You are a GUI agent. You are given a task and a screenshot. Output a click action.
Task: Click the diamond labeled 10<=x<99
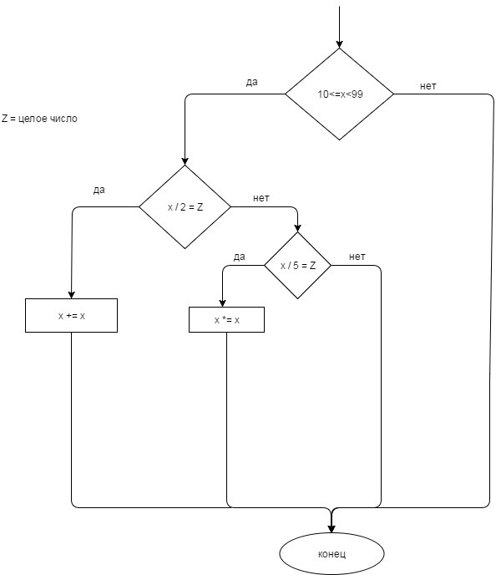point(339,94)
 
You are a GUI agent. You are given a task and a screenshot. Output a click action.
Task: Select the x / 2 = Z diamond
point(185,206)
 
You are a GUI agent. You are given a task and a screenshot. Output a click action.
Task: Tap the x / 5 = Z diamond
point(297,266)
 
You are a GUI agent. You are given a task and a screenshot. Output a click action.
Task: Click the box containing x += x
point(72,316)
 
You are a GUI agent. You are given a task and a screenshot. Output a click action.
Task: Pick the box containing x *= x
point(227,319)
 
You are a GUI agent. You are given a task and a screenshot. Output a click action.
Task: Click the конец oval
point(331,554)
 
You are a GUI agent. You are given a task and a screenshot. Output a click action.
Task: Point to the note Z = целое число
point(39,119)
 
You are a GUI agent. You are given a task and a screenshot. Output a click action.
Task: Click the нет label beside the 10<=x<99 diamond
point(428,87)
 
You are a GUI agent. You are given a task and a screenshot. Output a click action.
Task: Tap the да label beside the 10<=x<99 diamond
point(251,83)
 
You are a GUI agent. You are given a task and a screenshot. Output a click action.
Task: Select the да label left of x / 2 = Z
point(99,191)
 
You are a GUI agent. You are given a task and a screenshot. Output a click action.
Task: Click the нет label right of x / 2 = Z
point(261,198)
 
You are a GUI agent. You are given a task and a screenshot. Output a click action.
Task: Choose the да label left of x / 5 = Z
point(239,257)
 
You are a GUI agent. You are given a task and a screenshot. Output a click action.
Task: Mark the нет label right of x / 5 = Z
point(357,257)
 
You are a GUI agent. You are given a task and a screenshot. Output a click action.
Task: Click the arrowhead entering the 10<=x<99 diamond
point(339,43)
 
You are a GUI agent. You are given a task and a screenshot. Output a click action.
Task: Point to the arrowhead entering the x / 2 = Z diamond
point(185,160)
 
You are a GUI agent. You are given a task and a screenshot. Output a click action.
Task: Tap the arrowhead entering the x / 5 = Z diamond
point(297,227)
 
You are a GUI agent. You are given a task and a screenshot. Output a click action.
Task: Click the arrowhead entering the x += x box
point(72,293)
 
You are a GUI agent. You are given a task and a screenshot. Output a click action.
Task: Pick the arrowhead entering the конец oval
point(331,527)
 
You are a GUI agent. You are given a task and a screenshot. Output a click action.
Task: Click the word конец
point(331,554)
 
